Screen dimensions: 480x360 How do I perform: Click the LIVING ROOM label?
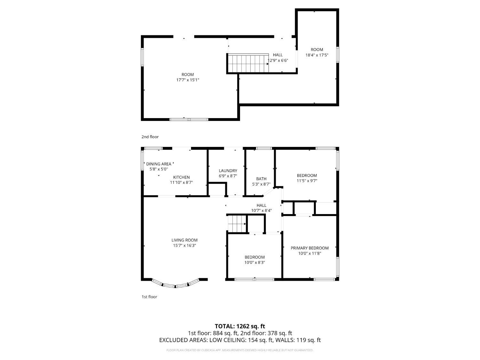point(184,240)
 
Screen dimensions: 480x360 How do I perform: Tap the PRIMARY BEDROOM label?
point(309,248)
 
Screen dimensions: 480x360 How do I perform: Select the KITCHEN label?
point(181,177)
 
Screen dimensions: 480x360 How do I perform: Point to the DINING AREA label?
point(158,164)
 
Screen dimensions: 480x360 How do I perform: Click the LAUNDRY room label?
point(228,171)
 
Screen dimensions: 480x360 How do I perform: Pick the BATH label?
point(261,179)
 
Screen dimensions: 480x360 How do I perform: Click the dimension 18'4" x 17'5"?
point(317,55)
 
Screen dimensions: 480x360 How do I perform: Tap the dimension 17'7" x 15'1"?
point(188,80)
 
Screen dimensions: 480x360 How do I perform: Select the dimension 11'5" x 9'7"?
point(307,181)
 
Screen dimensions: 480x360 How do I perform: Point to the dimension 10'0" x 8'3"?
point(254,262)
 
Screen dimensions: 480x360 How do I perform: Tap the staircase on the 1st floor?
point(237,224)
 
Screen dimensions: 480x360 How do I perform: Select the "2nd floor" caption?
point(150,137)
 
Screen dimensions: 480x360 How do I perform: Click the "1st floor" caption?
point(149,297)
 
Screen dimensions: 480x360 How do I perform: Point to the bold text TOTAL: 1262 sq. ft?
point(240,326)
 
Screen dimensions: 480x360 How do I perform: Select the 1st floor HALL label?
point(261,205)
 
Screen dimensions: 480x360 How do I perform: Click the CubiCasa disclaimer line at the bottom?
point(240,350)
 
